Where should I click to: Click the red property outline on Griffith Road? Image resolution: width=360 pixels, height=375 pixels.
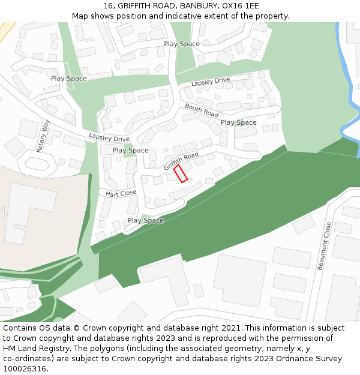pyautogui.click(x=181, y=173)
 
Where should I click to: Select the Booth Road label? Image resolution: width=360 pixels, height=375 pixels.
pyautogui.click(x=202, y=110)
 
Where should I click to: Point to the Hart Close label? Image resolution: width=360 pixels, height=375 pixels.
pyautogui.click(x=121, y=193)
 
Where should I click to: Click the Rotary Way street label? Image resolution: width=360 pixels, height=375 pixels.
pyautogui.click(x=43, y=136)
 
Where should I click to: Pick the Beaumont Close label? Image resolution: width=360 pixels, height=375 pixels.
pyautogui.click(x=325, y=246)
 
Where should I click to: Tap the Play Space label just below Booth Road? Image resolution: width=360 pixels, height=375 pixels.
pyautogui.click(x=238, y=122)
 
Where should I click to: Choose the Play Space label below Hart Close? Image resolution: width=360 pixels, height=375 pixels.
pyautogui.click(x=145, y=220)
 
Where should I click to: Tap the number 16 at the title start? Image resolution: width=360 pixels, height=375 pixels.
pyautogui.click(x=109, y=5)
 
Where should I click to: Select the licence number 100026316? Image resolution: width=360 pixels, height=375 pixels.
pyautogui.click(x=24, y=369)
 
